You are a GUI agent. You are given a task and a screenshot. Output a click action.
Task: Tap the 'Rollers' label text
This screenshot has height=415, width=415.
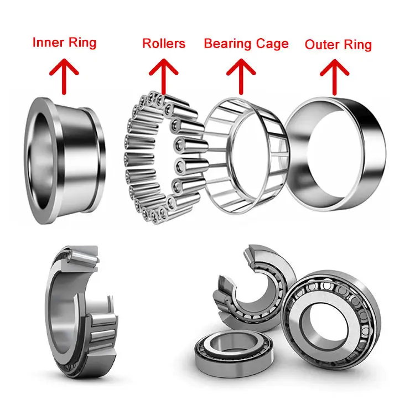164,43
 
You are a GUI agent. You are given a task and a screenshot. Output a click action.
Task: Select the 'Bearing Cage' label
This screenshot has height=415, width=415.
246,43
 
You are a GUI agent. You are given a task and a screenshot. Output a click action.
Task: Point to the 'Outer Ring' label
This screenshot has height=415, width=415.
338,44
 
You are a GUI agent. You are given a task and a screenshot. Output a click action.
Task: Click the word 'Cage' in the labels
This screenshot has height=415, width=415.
271,43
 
